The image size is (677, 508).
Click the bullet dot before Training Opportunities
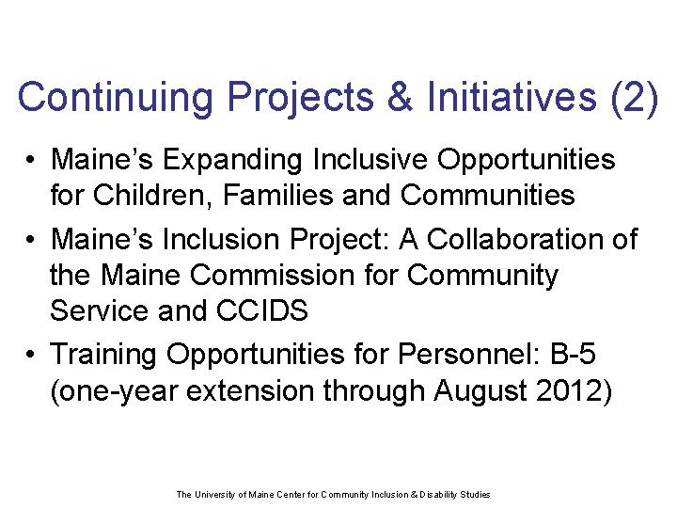pos(31,355)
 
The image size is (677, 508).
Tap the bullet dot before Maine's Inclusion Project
pos(31,240)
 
